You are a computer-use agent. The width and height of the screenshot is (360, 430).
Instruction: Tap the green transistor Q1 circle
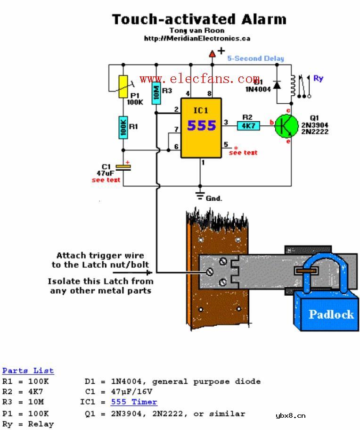click(x=287, y=126)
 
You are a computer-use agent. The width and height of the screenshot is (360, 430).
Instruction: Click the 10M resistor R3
click(x=155, y=93)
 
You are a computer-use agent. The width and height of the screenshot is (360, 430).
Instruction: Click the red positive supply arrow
click(x=212, y=54)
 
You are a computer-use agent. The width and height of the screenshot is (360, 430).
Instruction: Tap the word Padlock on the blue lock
click(x=331, y=314)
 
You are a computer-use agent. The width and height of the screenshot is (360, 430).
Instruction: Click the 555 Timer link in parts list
click(x=134, y=402)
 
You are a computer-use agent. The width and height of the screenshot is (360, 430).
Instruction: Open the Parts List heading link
click(x=28, y=371)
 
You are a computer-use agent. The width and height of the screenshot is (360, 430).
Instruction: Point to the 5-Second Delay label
click(x=255, y=58)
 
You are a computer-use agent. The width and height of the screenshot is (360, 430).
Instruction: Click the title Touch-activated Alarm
click(x=199, y=19)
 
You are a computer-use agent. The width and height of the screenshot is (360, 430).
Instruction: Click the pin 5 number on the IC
click(x=226, y=145)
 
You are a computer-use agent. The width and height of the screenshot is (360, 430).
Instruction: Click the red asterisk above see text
click(x=236, y=148)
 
